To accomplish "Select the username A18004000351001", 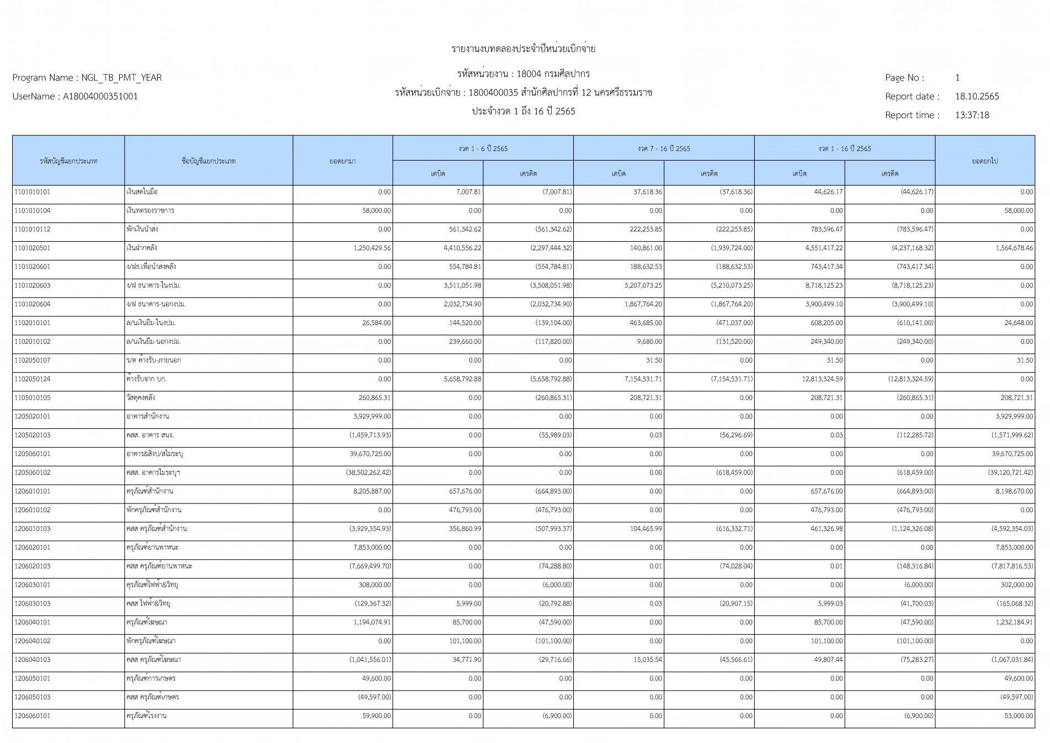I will tap(100, 97).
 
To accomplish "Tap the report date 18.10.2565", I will tap(977, 97).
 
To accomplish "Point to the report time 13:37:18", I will tap(972, 115).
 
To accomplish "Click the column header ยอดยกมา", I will tap(343, 161).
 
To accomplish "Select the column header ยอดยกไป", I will tap(984, 161).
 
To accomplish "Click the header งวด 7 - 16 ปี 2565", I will tap(663, 148).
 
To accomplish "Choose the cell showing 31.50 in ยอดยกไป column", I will tap(1025, 360).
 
